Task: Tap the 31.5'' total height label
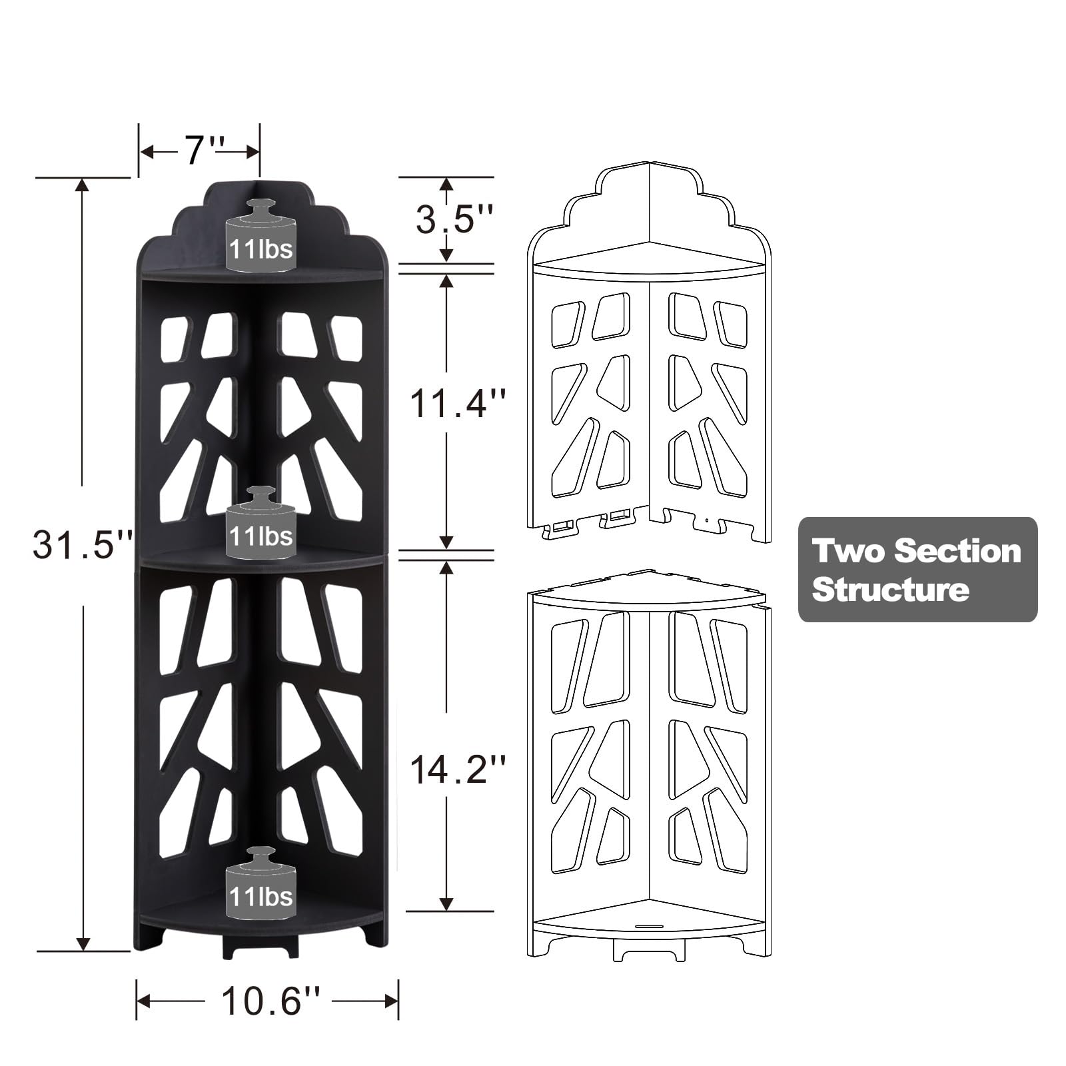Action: [x=83, y=544]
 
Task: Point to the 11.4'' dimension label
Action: [x=457, y=403]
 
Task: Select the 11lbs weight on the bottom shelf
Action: [x=261, y=883]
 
